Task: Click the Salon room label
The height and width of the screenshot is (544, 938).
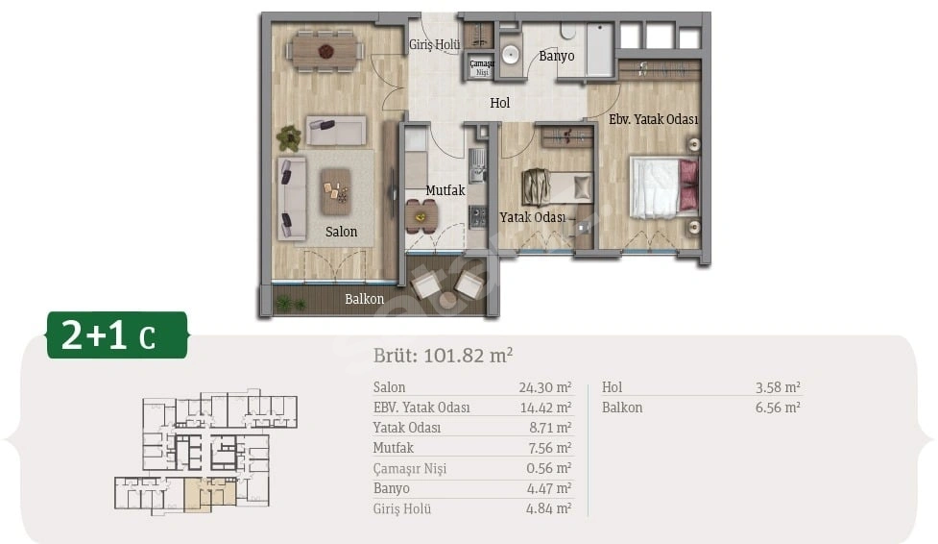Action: [341, 232]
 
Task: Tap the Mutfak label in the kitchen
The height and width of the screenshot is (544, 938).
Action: [445, 190]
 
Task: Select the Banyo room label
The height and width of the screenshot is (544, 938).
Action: [556, 57]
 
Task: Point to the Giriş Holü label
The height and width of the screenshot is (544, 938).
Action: [435, 45]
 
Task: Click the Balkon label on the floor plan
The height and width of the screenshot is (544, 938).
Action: [364, 299]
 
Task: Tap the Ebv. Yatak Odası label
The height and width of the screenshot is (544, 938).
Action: [653, 119]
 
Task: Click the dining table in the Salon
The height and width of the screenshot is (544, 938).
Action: [326, 52]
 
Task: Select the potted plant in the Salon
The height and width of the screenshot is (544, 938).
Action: [290, 138]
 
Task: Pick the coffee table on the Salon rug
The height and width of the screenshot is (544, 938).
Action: [336, 191]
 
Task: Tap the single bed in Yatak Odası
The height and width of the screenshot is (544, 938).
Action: [557, 187]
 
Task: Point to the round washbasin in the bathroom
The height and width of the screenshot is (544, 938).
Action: [510, 56]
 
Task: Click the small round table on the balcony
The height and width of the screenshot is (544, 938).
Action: [446, 298]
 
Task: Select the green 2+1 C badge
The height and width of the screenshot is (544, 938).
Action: [117, 334]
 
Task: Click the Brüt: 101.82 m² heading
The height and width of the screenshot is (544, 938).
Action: [444, 356]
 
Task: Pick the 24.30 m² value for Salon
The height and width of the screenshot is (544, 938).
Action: [545, 387]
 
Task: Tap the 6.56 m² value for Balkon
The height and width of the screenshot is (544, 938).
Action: [778, 408]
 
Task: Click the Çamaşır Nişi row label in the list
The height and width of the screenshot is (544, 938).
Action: [410, 468]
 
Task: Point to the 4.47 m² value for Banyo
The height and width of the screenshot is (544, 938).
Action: [548, 488]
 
